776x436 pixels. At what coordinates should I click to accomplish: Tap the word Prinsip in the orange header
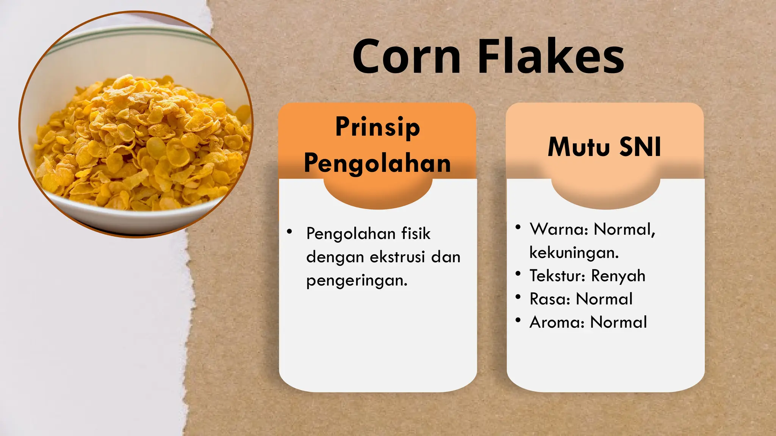377,127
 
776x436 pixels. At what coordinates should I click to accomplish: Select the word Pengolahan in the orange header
377,163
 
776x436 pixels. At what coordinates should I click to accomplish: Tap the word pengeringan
357,281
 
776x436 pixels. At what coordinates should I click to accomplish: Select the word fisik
416,234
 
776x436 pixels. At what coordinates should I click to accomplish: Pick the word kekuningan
574,252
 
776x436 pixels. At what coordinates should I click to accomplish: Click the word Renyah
618,276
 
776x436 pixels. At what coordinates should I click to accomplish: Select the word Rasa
550,299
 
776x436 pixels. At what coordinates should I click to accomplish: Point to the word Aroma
557,322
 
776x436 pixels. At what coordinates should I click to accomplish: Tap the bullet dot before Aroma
518,320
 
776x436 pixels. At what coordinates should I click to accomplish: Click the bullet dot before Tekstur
518,274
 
